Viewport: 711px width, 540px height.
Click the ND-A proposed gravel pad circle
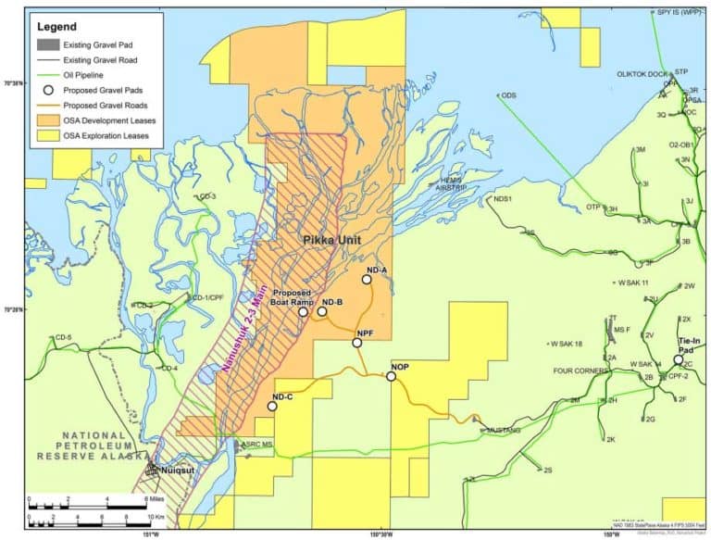[x=367, y=279]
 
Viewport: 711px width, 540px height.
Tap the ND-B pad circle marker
[x=322, y=311]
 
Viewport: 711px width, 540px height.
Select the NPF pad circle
[x=356, y=343]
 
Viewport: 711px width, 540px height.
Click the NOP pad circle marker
[x=391, y=376]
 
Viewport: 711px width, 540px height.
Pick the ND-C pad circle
[x=272, y=406]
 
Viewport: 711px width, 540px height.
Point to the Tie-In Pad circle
[x=678, y=360]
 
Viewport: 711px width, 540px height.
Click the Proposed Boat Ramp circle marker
[x=303, y=312]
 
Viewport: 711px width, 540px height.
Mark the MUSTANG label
[x=504, y=430]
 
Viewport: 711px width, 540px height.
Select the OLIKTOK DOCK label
[x=642, y=74]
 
